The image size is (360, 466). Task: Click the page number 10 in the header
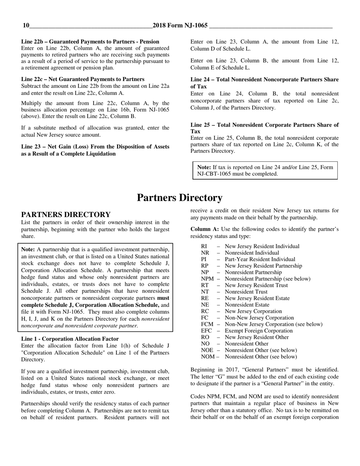[26, 26]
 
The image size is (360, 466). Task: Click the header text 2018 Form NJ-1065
[180, 26]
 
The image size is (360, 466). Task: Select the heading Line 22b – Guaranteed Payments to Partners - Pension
[90, 42]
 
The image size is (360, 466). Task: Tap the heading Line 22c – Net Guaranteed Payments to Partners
[83, 79]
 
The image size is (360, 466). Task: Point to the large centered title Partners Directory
[180, 198]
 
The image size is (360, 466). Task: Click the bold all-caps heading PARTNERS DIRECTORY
[66, 215]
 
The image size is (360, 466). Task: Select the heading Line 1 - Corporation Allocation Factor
[70, 339]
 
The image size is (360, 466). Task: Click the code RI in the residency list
[204, 247]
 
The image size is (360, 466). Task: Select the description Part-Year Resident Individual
[260, 260]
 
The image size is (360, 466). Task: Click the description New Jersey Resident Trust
[256, 285]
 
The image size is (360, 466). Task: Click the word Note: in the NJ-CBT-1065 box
[204, 167]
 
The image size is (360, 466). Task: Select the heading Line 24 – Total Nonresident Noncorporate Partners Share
[265, 80]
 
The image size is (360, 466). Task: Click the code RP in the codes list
[205, 266]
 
